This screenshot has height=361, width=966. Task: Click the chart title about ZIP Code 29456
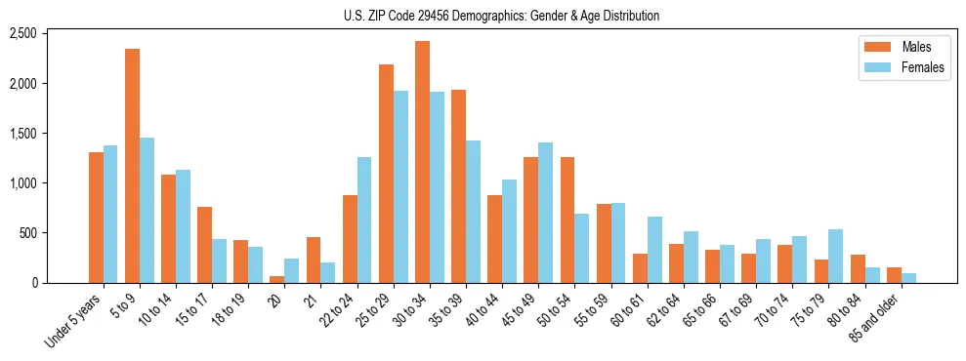[x=501, y=16]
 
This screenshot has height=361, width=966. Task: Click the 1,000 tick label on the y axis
[x=22, y=183]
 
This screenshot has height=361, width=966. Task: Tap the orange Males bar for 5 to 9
[x=132, y=166]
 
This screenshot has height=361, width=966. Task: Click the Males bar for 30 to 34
[x=422, y=162]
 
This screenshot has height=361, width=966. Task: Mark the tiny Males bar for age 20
[x=277, y=279]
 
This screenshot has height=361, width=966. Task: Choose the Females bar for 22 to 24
[x=364, y=220]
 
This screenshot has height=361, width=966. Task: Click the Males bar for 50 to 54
[x=567, y=220]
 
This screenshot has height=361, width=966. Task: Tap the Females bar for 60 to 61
[x=654, y=250]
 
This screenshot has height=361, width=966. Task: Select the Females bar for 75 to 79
[x=836, y=256]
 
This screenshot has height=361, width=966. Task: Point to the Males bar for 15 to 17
[x=205, y=245]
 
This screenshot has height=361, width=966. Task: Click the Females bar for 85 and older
[x=908, y=278]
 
